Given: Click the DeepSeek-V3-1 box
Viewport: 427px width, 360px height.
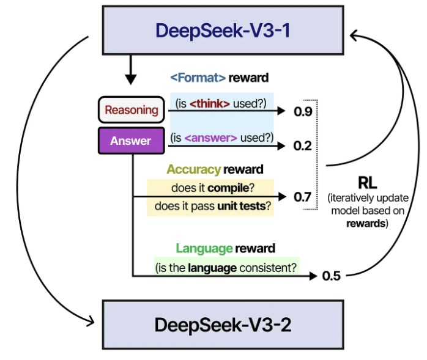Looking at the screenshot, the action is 223,30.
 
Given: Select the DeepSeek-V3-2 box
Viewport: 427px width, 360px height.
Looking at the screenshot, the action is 223,325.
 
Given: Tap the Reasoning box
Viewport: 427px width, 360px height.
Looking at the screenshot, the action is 132,109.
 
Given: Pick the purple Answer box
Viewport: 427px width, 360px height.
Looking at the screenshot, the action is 132,141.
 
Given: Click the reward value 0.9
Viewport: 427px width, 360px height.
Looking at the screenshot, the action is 303,111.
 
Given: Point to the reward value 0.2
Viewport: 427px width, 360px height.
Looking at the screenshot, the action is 303,146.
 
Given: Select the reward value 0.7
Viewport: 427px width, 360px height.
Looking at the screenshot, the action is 302,197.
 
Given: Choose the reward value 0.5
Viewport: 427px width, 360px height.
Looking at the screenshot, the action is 332,276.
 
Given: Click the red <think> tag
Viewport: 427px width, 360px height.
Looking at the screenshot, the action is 210,104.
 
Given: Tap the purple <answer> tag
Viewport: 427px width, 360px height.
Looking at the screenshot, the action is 211,138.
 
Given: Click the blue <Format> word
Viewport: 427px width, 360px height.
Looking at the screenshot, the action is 198,78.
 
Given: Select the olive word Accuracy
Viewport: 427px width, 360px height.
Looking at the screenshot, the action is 194,169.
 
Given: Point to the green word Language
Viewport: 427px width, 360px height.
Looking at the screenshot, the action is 204,248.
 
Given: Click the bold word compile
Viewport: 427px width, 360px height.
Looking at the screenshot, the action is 228,188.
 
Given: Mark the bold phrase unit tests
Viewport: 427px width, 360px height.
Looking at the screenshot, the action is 242,206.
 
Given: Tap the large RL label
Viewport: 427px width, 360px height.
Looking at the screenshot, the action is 368,183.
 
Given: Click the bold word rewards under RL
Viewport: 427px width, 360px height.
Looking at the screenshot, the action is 366,224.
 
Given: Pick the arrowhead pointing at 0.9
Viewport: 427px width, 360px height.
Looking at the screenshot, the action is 281,111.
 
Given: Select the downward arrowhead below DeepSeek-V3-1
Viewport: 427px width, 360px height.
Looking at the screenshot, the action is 131,79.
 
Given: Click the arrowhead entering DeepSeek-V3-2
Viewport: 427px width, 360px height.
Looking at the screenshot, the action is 91,321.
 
